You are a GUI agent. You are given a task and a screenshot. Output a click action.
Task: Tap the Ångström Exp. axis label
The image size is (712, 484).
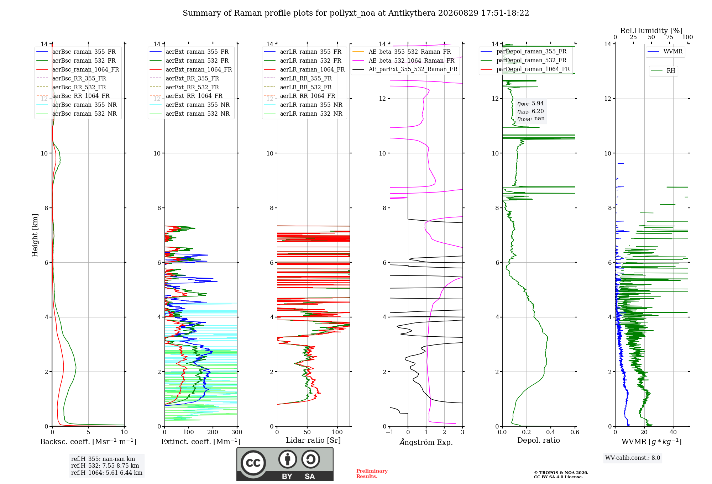[x=426, y=442]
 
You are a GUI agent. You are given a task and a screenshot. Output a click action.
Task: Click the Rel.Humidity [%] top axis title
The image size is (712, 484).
[x=651, y=31]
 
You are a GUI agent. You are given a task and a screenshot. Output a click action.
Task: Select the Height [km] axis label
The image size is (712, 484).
[x=35, y=235]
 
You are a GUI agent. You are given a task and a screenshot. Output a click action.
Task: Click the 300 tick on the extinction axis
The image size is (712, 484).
[x=237, y=432]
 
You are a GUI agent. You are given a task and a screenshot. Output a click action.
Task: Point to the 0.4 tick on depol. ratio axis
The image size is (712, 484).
[x=551, y=432]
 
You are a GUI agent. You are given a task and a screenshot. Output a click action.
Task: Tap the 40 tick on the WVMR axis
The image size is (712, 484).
[x=673, y=432]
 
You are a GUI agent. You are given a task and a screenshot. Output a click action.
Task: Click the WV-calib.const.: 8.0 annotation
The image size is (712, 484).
[x=633, y=458]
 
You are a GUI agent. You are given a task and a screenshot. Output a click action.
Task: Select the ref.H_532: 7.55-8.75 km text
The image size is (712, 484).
[x=105, y=466]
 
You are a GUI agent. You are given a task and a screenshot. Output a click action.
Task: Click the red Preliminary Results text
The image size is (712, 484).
[x=372, y=474]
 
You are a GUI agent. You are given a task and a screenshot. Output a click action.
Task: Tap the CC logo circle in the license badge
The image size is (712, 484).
[x=253, y=463]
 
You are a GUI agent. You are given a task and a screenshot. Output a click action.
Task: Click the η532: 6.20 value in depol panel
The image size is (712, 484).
[x=530, y=111]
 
